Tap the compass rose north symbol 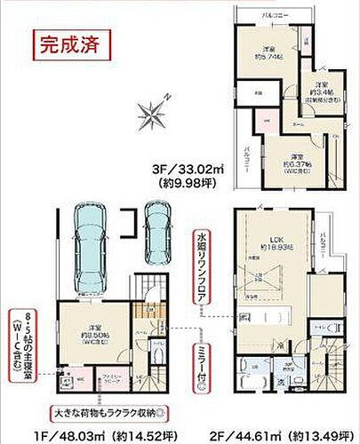pyautogui.click(x=152, y=112)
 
